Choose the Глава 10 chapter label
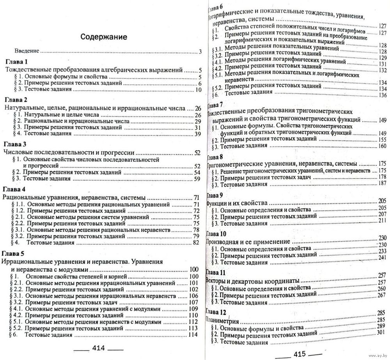tap(216, 234)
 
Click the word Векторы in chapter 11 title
tap(217, 280)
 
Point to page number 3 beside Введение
tap(199, 52)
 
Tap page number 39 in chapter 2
tap(197, 134)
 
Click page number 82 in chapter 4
tap(197, 242)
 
